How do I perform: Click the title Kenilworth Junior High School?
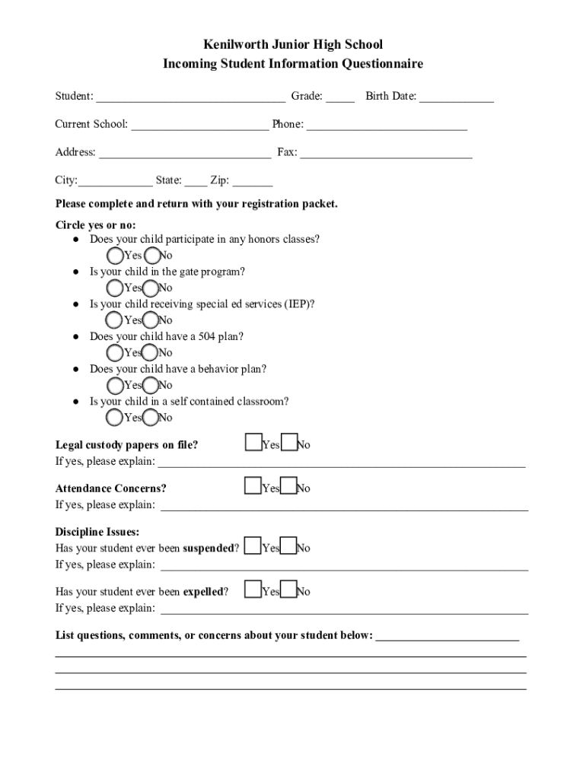click(x=292, y=45)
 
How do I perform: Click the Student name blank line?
click(x=191, y=97)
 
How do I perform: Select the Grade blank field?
click(x=341, y=97)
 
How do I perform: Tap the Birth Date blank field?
click(x=456, y=97)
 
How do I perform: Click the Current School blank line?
click(x=199, y=125)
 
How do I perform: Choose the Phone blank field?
click(x=387, y=125)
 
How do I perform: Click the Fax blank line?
click(x=386, y=153)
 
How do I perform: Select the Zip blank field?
click(x=253, y=181)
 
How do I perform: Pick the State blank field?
click(x=195, y=181)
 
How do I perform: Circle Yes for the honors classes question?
click(x=115, y=256)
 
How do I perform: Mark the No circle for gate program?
click(x=151, y=288)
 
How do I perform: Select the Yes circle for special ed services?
click(x=115, y=320)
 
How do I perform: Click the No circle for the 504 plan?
click(x=151, y=353)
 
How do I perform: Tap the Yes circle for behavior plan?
click(x=115, y=385)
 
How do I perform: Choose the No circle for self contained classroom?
click(x=151, y=418)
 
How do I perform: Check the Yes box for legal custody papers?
click(x=253, y=443)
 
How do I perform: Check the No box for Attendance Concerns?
click(x=288, y=486)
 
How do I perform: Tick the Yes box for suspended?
click(x=253, y=545)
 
